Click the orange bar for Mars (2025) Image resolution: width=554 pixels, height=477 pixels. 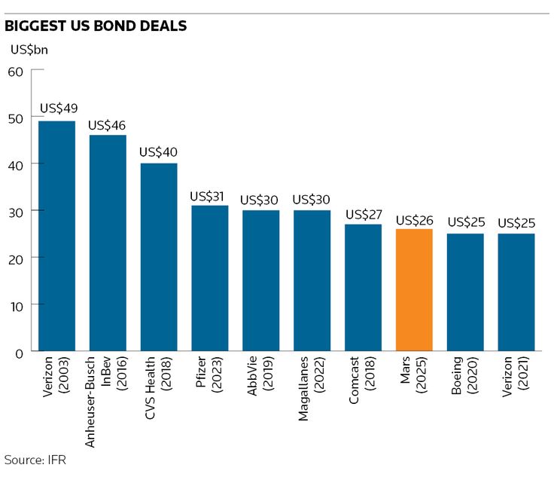click(414, 290)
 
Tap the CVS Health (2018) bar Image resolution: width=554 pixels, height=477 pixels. click(159, 257)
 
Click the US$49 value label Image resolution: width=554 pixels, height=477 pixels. click(59, 109)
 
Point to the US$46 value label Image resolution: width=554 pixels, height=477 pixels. click(107, 125)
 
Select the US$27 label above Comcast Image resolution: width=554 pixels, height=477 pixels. click(364, 214)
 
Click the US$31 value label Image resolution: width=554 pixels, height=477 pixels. click(209, 197)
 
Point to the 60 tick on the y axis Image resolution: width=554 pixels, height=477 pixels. click(16, 71)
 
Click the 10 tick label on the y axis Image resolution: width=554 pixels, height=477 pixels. click(16, 305)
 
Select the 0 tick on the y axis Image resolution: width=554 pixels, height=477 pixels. click(20, 352)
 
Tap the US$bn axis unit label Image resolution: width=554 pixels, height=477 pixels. click(29, 50)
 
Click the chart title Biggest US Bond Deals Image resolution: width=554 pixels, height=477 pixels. click(96, 26)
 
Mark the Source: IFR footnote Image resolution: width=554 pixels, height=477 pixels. click(35, 459)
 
